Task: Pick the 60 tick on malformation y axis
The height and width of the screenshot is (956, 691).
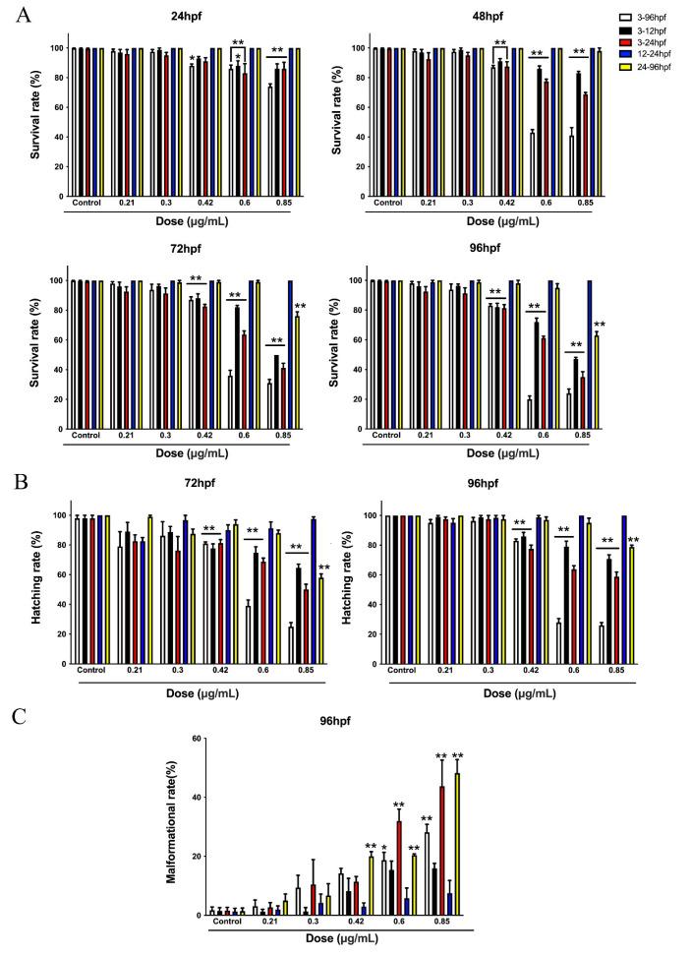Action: point(197,739)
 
